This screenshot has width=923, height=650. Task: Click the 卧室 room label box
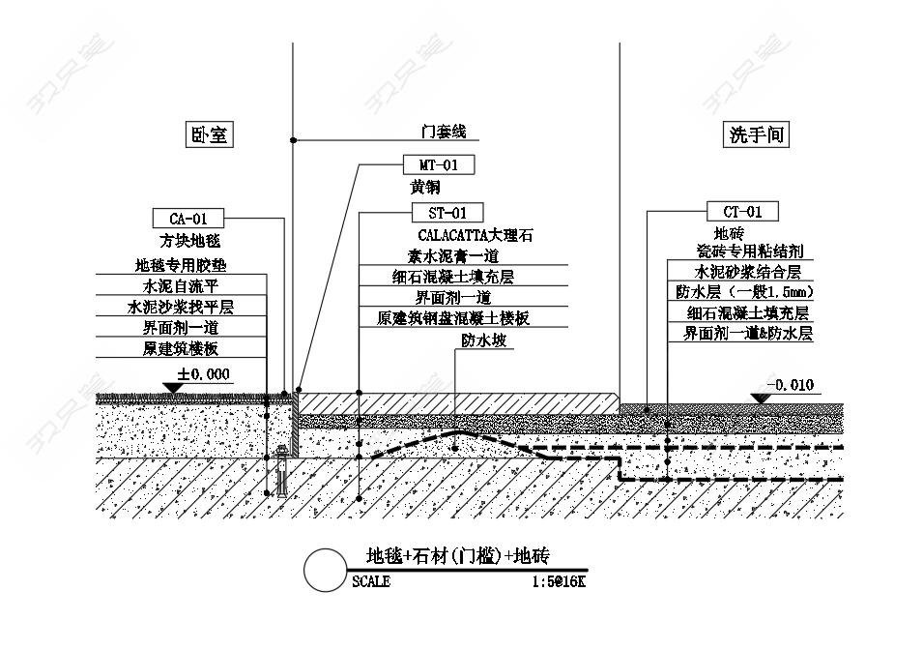210,134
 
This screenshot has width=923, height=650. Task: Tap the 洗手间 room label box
756,134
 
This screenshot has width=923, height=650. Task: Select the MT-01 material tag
439,165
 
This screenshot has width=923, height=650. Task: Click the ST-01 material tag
447,213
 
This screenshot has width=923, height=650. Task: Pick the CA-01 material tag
188,219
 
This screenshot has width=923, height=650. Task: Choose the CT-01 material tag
743,211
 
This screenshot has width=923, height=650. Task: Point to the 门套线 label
444,132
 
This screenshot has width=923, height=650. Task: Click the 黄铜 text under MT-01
425,188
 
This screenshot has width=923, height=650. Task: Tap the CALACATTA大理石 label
476,235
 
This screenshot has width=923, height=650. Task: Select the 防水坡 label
484,340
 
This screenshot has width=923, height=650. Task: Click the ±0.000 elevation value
204,374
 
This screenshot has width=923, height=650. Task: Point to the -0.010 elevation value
791,385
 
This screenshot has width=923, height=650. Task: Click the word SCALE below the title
371,581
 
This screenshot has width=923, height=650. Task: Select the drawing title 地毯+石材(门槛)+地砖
458,556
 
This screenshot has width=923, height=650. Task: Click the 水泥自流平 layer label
181,285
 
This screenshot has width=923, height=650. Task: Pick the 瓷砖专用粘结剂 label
750,251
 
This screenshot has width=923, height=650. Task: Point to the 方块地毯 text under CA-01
189,241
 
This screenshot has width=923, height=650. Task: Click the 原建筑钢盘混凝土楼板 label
454,318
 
